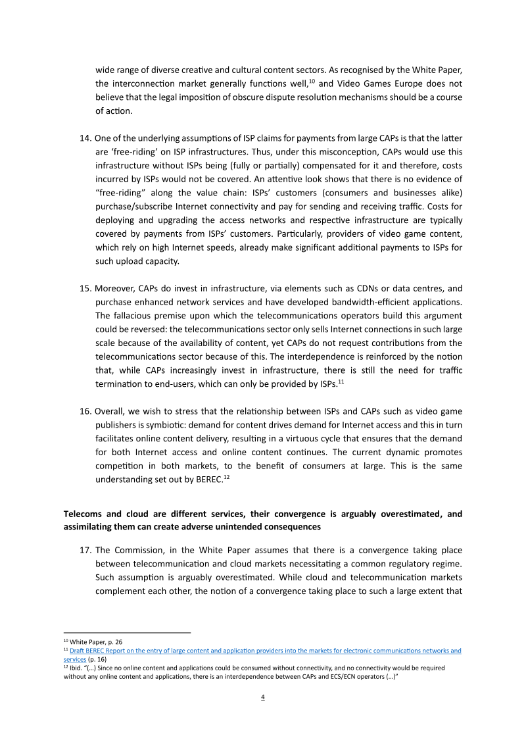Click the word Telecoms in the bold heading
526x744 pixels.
pos(82,514)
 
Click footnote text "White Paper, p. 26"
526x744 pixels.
pos(96,641)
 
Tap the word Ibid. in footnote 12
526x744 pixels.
pos(77,667)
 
